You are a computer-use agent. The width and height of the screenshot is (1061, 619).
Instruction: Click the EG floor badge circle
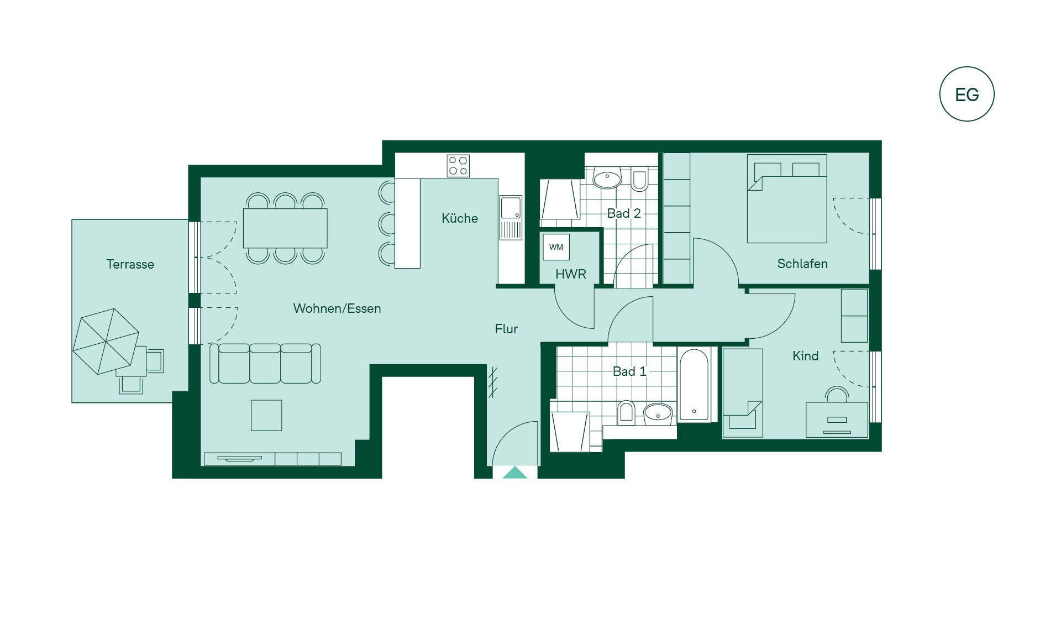coord(967,68)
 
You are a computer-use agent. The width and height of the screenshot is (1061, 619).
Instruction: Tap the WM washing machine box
coord(556,247)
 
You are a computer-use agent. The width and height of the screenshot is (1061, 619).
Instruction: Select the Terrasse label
coord(130,264)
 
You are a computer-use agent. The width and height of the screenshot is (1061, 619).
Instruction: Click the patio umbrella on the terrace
coord(105,341)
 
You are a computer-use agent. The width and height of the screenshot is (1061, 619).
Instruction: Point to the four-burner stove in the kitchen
coord(458,166)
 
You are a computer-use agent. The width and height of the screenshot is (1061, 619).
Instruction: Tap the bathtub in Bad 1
coord(694,385)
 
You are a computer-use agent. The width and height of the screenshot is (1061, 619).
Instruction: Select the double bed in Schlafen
coord(787,198)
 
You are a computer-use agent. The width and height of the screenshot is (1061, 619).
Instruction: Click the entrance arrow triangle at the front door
coord(515,473)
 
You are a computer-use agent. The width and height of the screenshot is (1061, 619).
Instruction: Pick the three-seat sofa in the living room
coord(265,363)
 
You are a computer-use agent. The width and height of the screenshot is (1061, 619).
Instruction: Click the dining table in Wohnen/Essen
coord(285,228)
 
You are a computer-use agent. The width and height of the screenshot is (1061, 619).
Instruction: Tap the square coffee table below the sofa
coord(266,415)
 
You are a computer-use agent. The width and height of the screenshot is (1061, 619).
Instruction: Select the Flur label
coord(506,329)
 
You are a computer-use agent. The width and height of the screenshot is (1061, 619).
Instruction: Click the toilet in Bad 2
coord(639,178)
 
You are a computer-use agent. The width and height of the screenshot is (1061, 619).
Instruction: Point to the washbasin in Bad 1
coord(658,413)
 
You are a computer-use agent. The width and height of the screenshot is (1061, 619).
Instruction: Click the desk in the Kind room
coord(837,419)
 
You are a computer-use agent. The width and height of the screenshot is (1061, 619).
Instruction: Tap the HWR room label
coord(571,274)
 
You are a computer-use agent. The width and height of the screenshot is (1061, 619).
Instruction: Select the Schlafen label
coord(802,264)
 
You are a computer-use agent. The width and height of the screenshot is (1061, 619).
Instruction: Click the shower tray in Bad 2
coord(560,199)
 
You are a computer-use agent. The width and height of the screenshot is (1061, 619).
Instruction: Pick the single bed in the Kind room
coord(743,393)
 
